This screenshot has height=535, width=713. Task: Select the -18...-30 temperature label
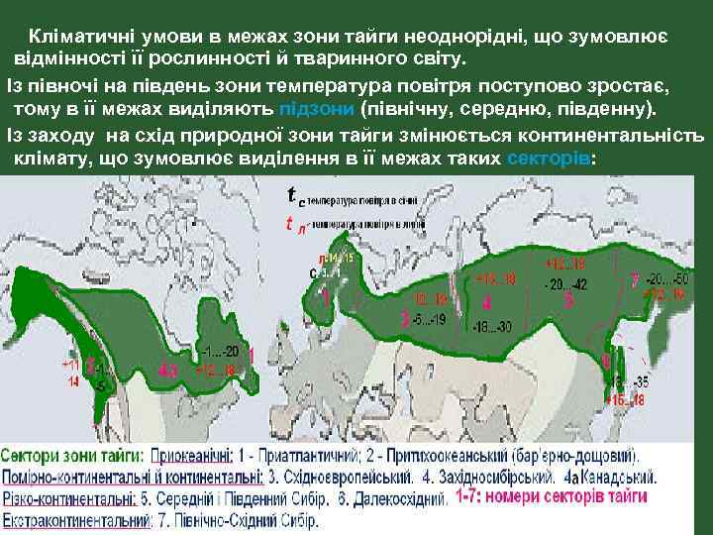pos(492,326)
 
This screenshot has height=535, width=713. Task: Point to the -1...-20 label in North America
pos(220,351)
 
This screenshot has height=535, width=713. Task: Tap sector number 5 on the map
pos(569,298)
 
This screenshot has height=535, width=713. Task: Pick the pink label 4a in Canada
pos(168,371)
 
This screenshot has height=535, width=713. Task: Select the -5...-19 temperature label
pos(430,319)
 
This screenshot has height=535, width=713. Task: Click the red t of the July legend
pos(289,222)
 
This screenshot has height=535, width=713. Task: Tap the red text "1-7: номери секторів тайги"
pos(552,500)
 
